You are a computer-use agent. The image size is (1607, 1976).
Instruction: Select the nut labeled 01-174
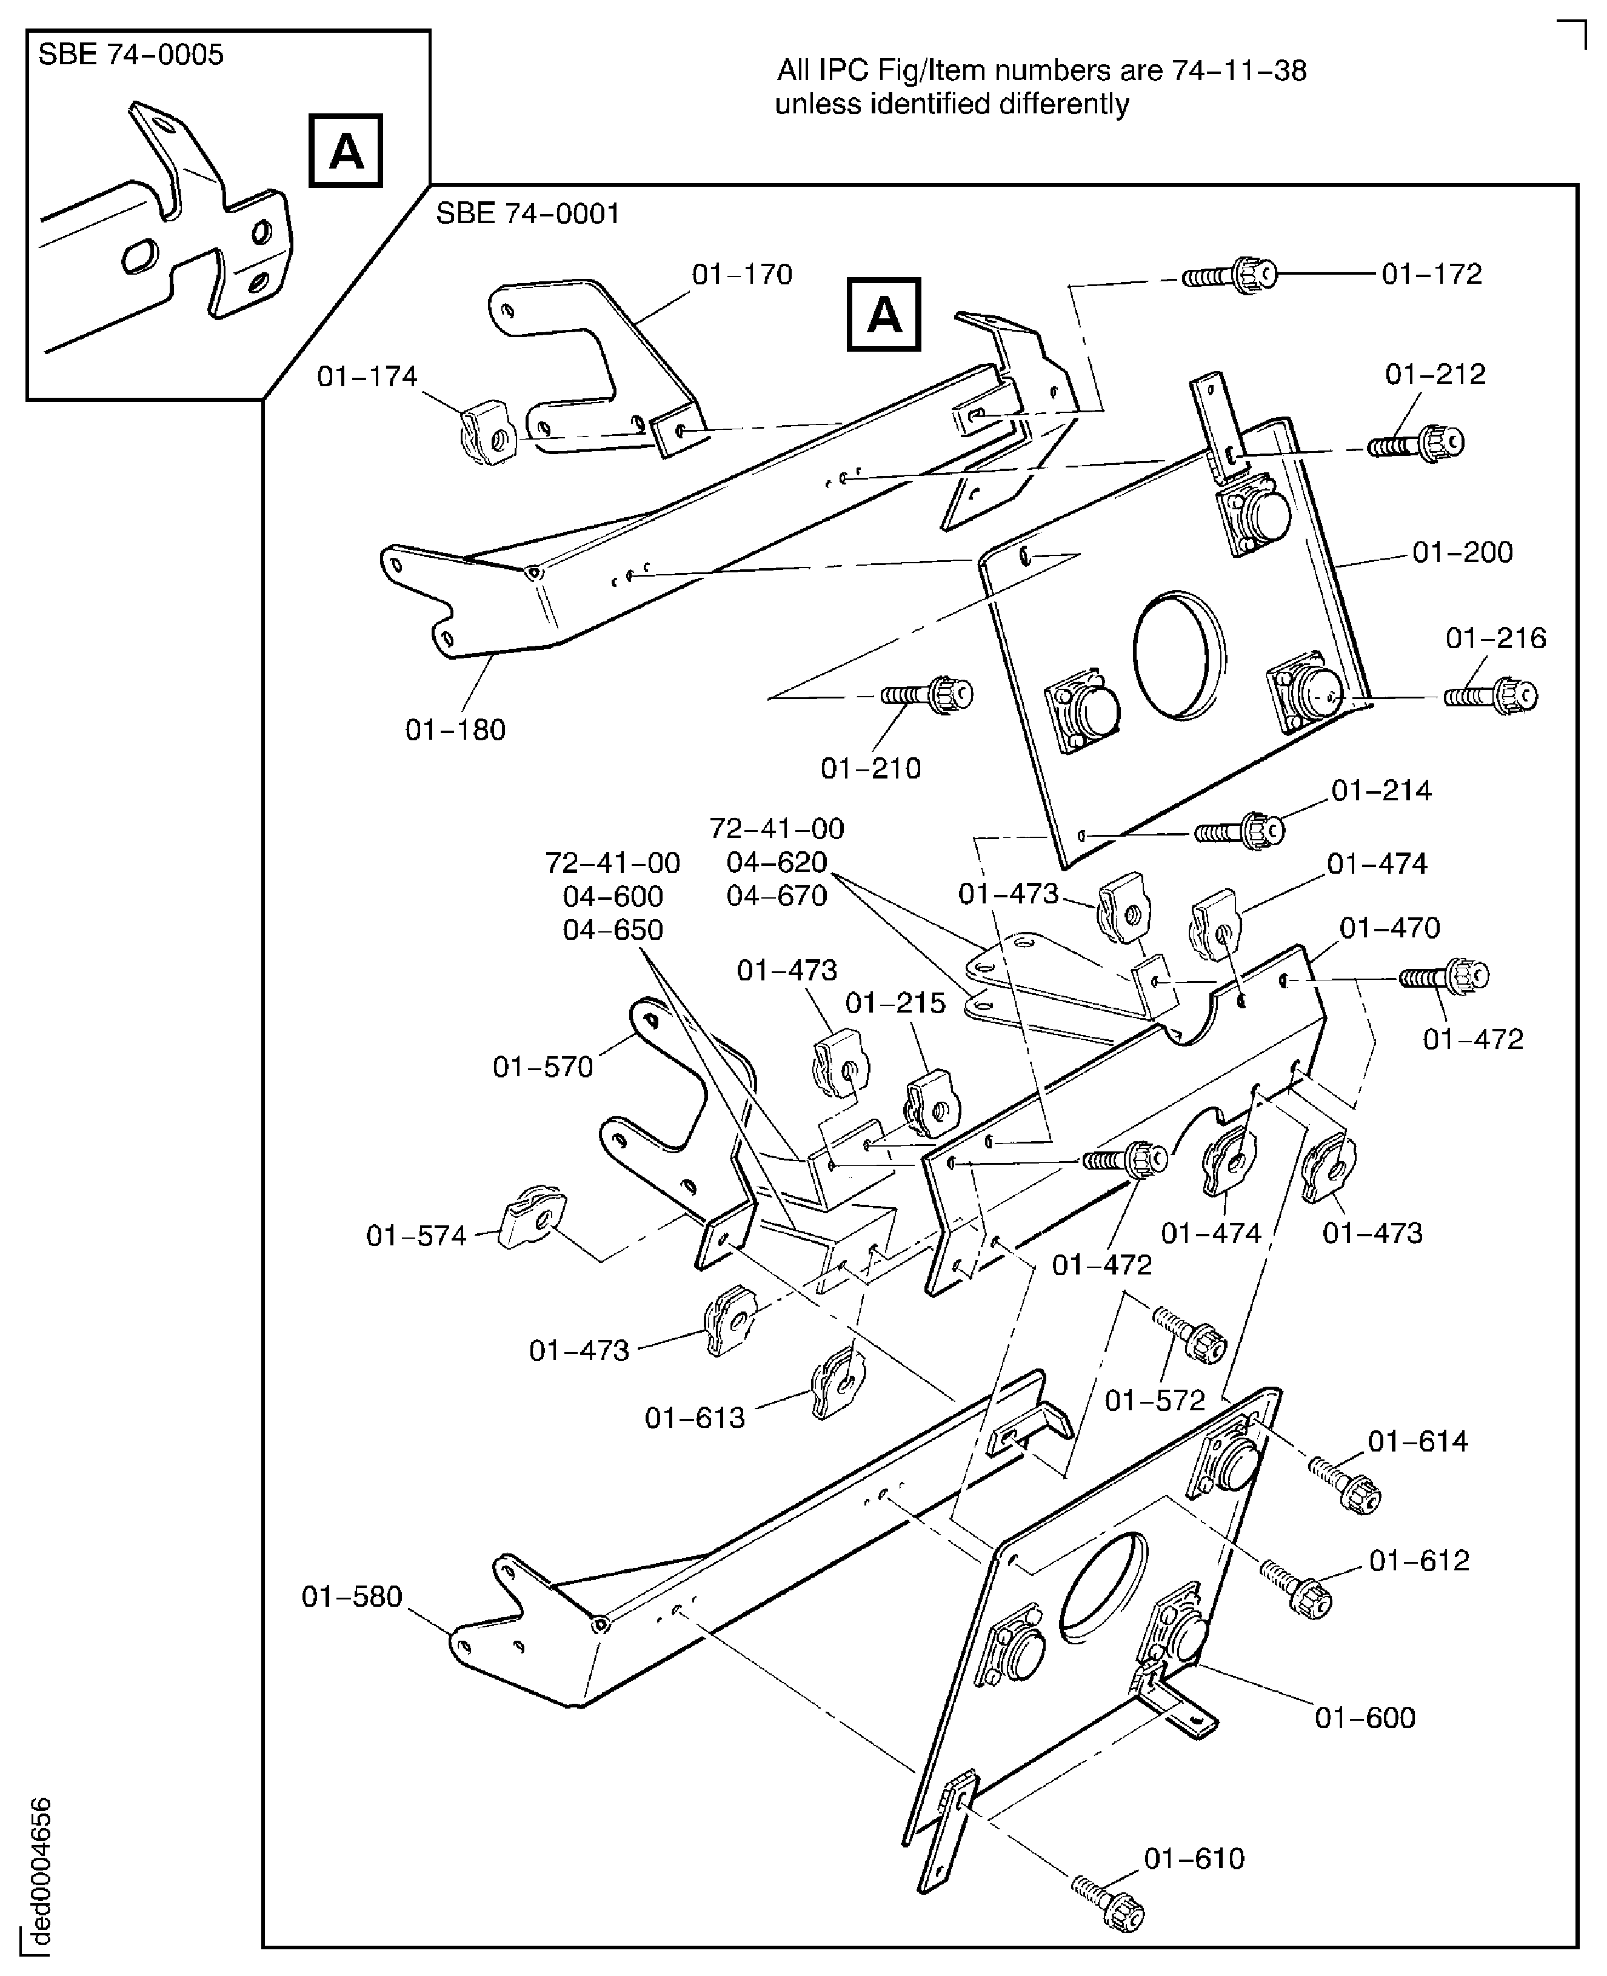point(487,432)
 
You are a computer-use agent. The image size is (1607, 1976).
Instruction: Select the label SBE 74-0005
point(130,55)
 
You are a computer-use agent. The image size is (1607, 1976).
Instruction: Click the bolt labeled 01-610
point(1109,1904)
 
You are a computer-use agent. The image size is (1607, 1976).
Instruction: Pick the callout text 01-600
point(1365,1718)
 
